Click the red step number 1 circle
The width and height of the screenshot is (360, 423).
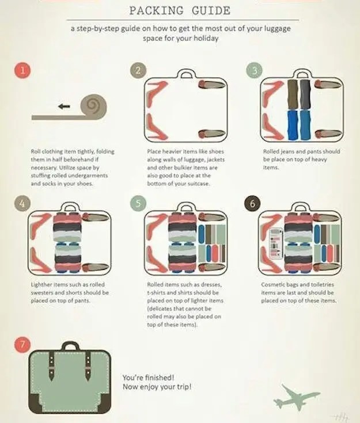[22, 70]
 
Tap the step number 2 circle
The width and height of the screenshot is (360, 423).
[138, 70]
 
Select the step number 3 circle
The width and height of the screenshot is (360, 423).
[254, 70]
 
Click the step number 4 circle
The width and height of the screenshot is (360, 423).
[22, 203]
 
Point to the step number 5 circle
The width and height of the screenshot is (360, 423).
[138, 203]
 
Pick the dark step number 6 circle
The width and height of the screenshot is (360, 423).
[252, 203]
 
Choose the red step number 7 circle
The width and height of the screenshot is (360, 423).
[22, 344]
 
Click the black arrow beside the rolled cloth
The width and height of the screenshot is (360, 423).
[64, 106]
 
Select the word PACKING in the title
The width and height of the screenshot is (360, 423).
[156, 11]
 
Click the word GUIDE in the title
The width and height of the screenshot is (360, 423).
[211, 11]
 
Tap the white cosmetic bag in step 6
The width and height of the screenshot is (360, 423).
[275, 244]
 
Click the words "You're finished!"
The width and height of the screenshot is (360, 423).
[148, 378]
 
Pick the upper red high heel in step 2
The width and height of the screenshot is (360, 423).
[156, 94]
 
